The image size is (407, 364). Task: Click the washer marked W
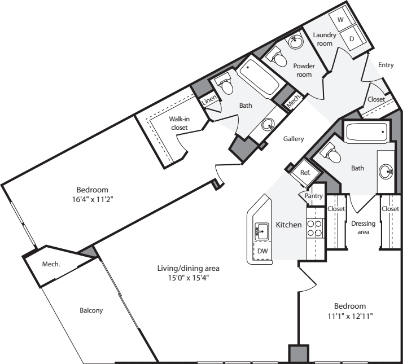click(343, 19)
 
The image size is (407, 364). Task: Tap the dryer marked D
click(353, 38)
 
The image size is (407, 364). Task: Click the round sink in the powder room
click(295, 41)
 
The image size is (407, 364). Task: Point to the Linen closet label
click(209, 99)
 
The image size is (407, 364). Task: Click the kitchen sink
click(262, 231)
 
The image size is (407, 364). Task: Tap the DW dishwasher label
click(262, 251)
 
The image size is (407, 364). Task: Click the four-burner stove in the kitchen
click(314, 228)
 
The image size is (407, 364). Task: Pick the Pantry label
click(313, 196)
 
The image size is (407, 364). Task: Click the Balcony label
click(91, 310)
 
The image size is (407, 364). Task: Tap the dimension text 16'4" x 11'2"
click(93, 200)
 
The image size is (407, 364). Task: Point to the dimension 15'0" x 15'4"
click(189, 278)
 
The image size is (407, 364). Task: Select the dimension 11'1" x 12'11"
click(350, 316)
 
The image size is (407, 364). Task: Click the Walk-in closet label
click(180, 123)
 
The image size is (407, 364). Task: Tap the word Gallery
click(294, 139)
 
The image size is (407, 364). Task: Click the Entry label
click(386, 65)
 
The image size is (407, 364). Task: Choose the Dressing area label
click(363, 228)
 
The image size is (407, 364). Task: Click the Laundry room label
click(325, 39)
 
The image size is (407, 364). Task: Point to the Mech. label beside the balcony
click(51, 264)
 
